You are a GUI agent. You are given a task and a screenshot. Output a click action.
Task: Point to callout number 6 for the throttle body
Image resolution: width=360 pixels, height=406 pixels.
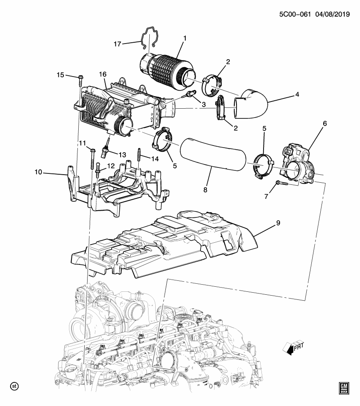click(324, 123)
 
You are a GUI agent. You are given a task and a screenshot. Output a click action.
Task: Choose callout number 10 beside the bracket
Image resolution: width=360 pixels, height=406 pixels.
click(38, 172)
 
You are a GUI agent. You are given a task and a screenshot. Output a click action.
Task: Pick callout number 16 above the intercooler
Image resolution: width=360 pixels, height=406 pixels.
click(102, 74)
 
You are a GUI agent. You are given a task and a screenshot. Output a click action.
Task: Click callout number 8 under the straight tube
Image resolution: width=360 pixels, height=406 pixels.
click(206, 190)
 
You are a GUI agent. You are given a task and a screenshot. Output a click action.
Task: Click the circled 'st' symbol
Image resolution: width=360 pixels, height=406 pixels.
click(14, 386)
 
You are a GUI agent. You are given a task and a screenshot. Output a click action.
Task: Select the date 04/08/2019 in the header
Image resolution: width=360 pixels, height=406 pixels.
click(331, 14)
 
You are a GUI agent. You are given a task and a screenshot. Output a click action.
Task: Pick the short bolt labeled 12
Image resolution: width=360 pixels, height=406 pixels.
click(98, 169)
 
